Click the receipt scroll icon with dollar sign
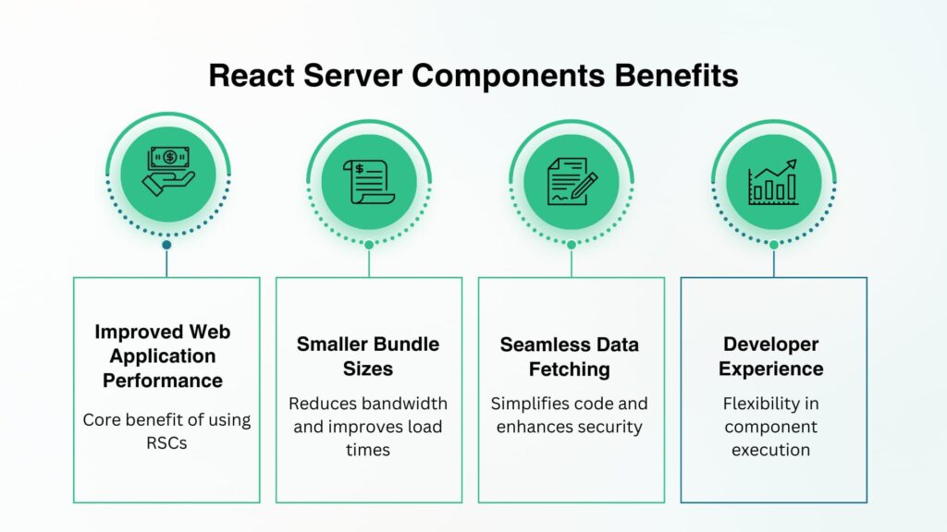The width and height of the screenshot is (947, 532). coord(369,181)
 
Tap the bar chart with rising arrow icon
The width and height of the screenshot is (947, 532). coord(774,181)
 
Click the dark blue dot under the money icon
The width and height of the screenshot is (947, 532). coord(166,245)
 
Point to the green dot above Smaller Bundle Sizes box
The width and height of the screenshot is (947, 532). coord(369,245)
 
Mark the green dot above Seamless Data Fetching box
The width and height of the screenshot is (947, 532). coord(572,245)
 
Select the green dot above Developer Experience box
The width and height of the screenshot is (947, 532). coord(774,245)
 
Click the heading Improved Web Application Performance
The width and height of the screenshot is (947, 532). coord(163,356)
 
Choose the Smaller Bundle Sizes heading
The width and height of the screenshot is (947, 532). coord(368,357)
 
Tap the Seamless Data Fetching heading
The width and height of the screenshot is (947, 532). coord(569,357)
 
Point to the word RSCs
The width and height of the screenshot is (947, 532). coord(166,443)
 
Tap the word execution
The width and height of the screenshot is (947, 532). coord(771,450)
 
